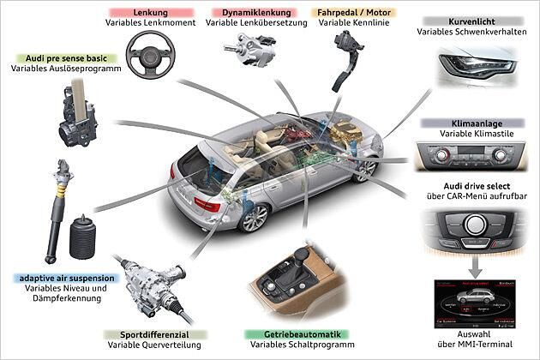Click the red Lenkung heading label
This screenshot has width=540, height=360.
pyautogui.click(x=150, y=14)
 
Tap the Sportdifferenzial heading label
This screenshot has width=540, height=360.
pyautogui.click(x=154, y=333)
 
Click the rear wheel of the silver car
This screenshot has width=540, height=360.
pyautogui.click(x=255, y=218)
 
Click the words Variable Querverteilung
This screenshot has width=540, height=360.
pyautogui.click(x=154, y=345)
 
